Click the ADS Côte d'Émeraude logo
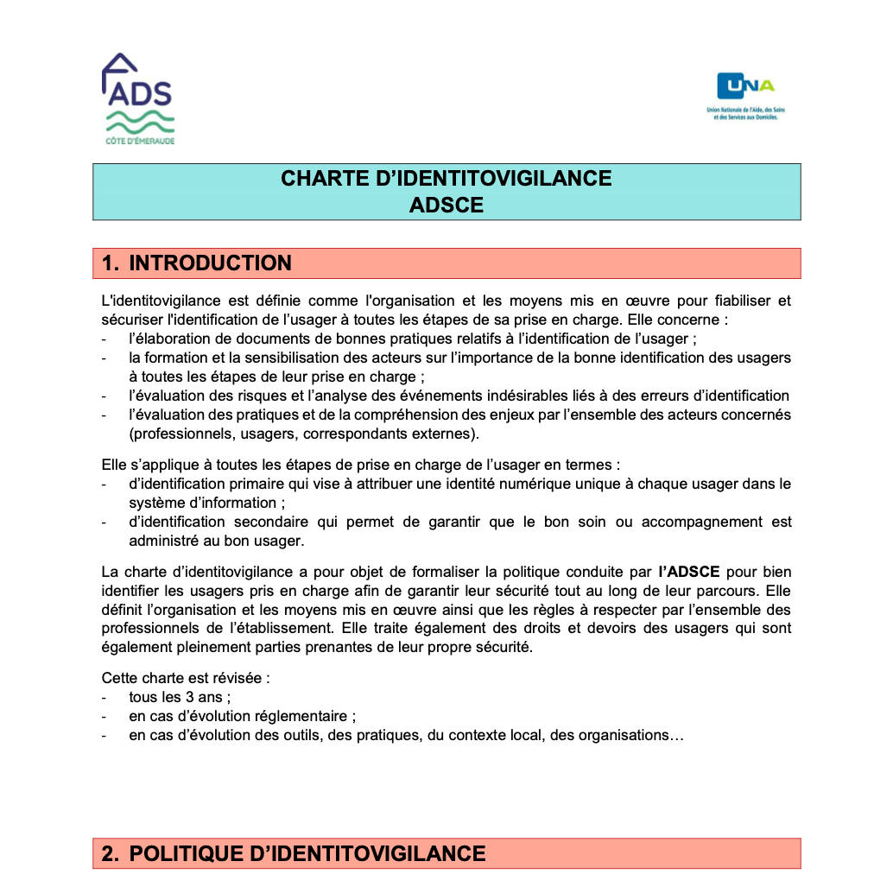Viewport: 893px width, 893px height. [x=139, y=99]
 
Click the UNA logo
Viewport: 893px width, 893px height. [x=745, y=95]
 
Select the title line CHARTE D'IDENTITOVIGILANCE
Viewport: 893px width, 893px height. [x=446, y=179]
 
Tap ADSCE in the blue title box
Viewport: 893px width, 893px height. [x=446, y=206]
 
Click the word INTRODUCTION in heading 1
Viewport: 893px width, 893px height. [x=210, y=263]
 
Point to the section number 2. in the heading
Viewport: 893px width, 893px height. [x=110, y=854]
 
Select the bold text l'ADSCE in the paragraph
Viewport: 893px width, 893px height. [x=689, y=572]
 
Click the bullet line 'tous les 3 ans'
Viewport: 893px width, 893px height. [x=179, y=697]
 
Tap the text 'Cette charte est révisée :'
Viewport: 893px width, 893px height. [x=186, y=678]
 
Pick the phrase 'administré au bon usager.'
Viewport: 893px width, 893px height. [x=217, y=541]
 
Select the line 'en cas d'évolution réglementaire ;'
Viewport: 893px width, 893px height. [x=242, y=716]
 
